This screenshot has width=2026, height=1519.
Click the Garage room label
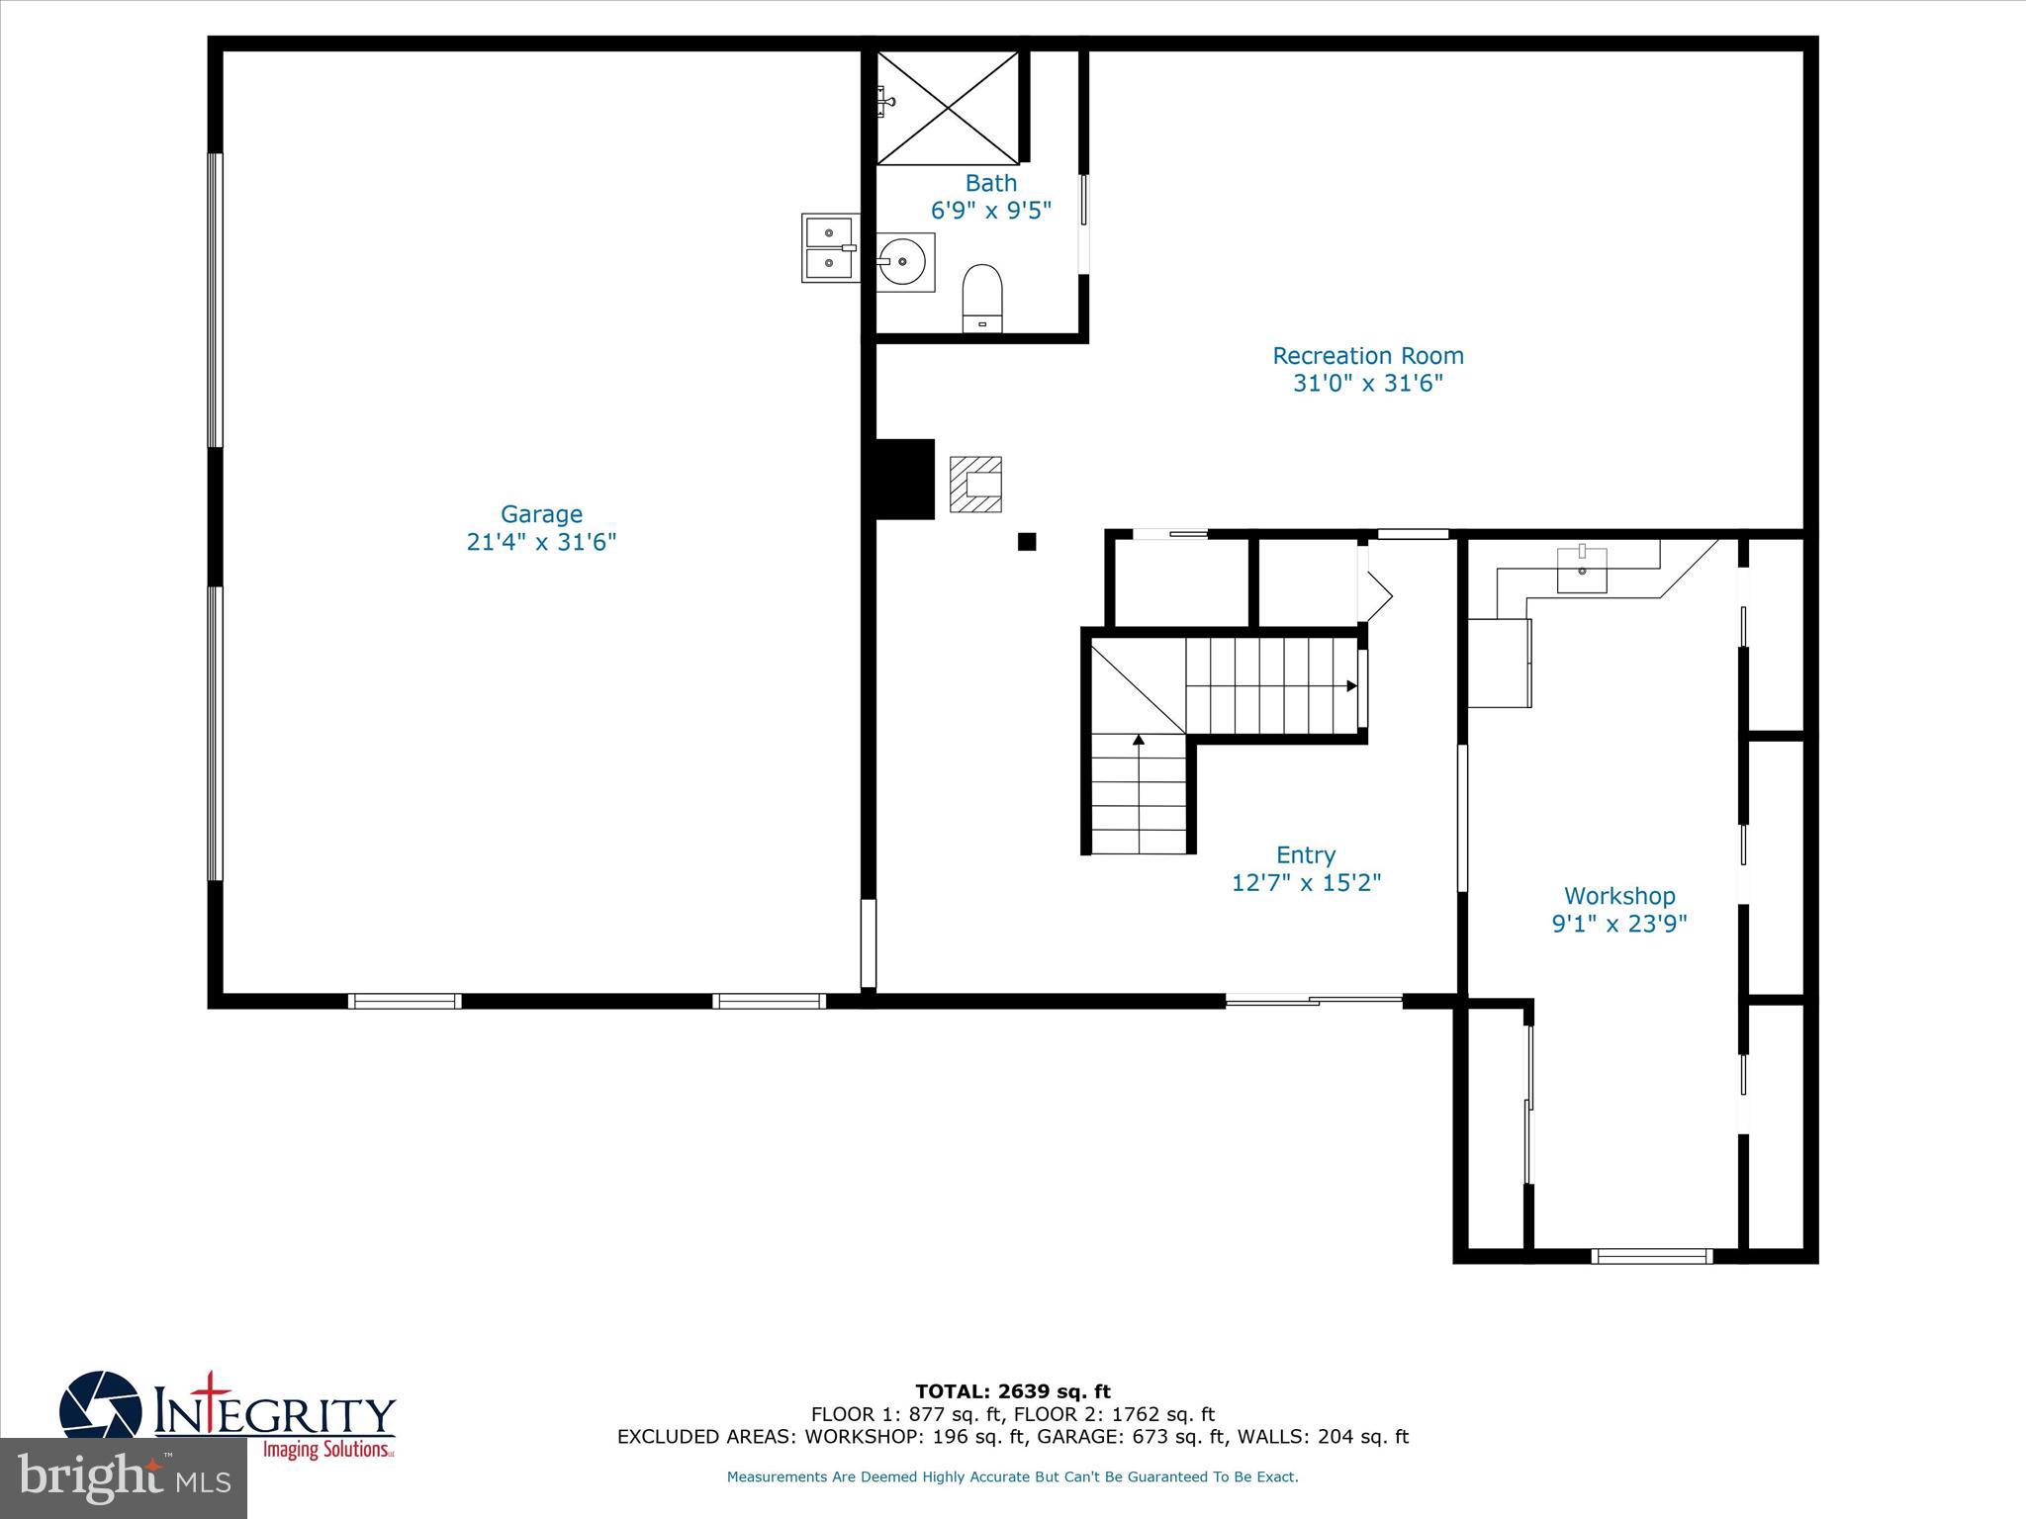tap(541, 514)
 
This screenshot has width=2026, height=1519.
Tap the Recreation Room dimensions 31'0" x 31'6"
tap(1367, 383)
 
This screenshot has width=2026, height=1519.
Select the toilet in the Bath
tap(982, 296)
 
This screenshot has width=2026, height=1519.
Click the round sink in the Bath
tap(903, 262)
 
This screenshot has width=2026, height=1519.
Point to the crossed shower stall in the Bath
tap(948, 108)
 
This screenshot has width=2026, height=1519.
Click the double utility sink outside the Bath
tap(829, 248)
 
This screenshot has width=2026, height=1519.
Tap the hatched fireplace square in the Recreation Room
tap(975, 485)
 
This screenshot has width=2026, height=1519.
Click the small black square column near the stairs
tap(1027, 542)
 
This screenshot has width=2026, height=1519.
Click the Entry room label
tap(1305, 854)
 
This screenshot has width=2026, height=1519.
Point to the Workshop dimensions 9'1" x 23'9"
tap(1618, 924)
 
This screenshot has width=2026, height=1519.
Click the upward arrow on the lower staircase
tap(1139, 740)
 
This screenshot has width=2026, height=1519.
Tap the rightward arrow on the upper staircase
tap(1350, 685)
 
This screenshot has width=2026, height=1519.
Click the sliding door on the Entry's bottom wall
tap(1314, 1001)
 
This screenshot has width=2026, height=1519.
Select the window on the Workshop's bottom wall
tap(1651, 1256)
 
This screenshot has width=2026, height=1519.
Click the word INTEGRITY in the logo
tap(275, 1415)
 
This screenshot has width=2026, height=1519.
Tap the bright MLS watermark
tap(124, 1477)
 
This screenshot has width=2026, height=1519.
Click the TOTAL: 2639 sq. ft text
tap(1012, 1392)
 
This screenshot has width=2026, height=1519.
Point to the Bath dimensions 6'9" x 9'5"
tap(990, 211)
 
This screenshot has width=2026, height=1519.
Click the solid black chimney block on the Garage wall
tap(904, 479)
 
